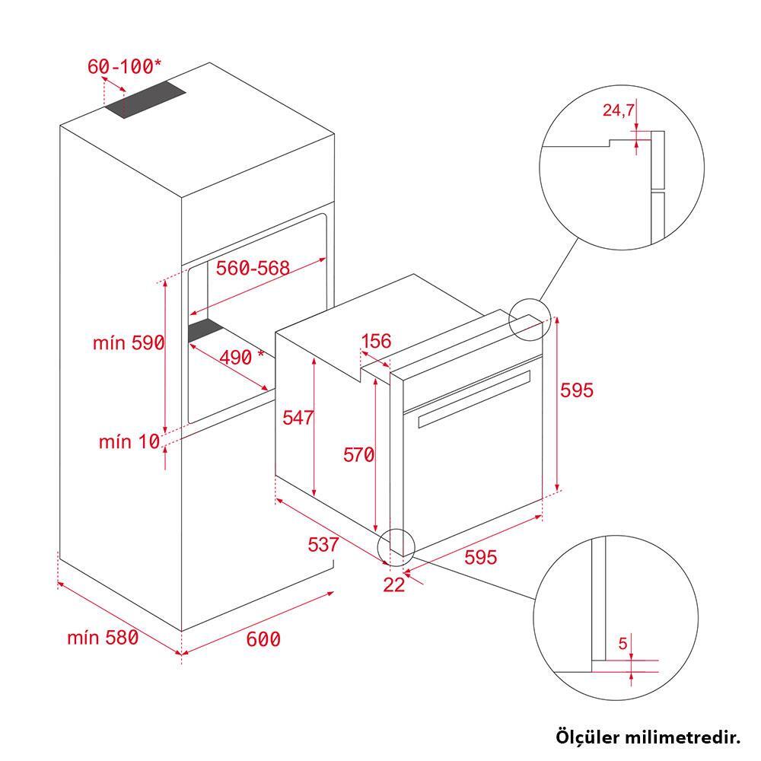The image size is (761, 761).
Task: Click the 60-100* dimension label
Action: point(125,66)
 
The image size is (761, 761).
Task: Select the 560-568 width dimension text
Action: point(253,268)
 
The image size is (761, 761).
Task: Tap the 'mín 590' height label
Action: point(129,342)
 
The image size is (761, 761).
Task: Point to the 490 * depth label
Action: point(242,357)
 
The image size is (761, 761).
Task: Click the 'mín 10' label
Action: point(129,441)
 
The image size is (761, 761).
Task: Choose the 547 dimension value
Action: point(298,417)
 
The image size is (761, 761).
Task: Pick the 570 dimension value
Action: point(358,455)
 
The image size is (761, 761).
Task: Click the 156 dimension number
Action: point(376,341)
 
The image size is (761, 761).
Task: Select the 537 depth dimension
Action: point(323,544)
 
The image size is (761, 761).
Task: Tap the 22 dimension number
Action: point(393,584)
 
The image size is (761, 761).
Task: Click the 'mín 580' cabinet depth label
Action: point(103,638)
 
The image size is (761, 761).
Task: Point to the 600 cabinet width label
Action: point(263,639)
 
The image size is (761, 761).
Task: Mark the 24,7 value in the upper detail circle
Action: point(618,110)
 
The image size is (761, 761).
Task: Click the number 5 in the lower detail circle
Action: point(623,644)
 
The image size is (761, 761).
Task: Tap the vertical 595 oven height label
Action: point(577,390)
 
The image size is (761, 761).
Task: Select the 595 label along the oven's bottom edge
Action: point(480,557)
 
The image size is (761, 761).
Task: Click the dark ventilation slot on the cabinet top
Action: point(146,99)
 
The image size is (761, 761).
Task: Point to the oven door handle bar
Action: point(474,399)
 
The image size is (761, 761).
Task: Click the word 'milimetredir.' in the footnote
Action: point(683,737)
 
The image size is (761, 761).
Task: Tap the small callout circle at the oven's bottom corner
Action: point(396,547)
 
